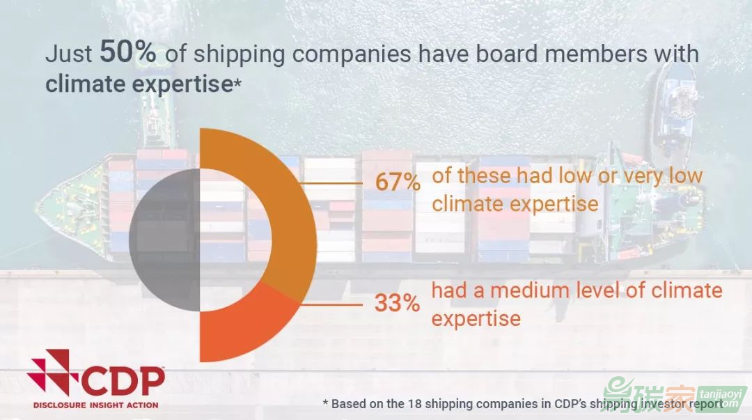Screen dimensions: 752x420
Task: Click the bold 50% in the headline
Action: pyautogui.click(x=127, y=52)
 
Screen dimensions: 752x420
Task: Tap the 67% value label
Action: pyautogui.click(x=398, y=182)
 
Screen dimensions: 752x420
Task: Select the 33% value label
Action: pyautogui.click(x=397, y=303)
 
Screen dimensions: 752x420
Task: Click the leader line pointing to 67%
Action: pyautogui.click(x=331, y=183)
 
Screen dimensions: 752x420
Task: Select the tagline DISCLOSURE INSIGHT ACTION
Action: pyautogui.click(x=95, y=405)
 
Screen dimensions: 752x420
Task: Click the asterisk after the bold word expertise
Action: pyautogui.click(x=237, y=85)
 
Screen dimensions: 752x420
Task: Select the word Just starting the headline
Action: pyautogui.click(x=68, y=53)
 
